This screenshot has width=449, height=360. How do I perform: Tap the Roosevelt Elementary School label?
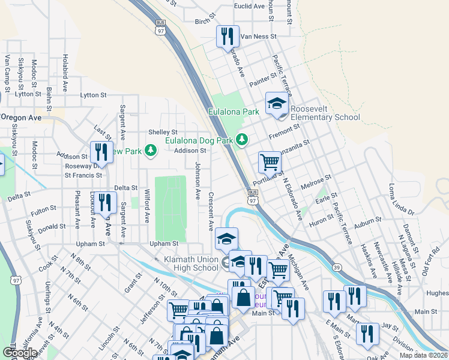(325, 113)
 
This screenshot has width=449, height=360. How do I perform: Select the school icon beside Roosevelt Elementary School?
(277, 103)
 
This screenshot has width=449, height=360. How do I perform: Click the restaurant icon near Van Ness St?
(228, 36)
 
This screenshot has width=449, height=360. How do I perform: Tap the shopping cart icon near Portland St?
(270, 161)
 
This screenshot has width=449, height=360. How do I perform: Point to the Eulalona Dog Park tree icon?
(241, 140)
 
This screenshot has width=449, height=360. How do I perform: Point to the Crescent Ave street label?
(211, 212)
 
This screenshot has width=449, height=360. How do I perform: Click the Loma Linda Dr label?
(402, 199)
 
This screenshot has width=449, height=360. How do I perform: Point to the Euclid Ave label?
(250, 6)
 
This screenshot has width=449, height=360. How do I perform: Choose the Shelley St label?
(163, 132)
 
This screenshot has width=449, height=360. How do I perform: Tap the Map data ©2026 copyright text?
(423, 355)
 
